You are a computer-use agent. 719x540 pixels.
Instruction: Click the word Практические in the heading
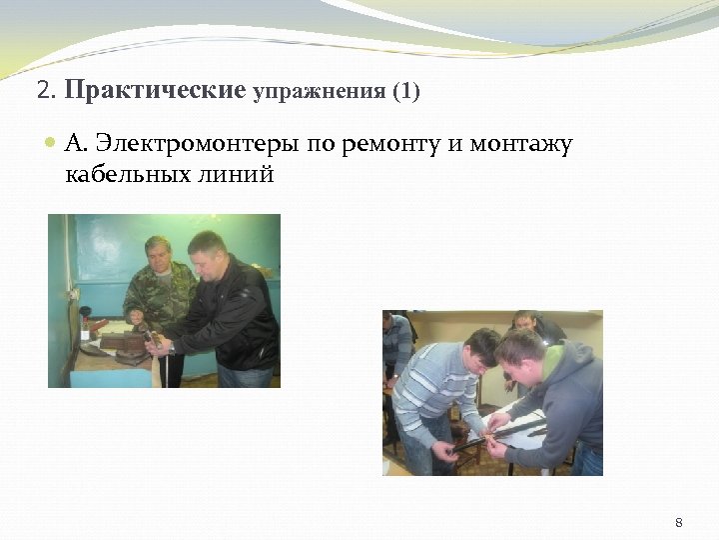click(x=155, y=91)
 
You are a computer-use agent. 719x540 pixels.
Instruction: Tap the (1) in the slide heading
click(x=406, y=92)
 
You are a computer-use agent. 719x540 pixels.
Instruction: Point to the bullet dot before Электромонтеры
click(x=52, y=145)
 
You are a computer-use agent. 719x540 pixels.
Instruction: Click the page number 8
click(x=679, y=522)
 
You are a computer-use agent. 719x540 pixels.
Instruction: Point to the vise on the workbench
click(x=125, y=340)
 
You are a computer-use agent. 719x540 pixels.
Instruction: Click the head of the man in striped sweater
click(x=478, y=350)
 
